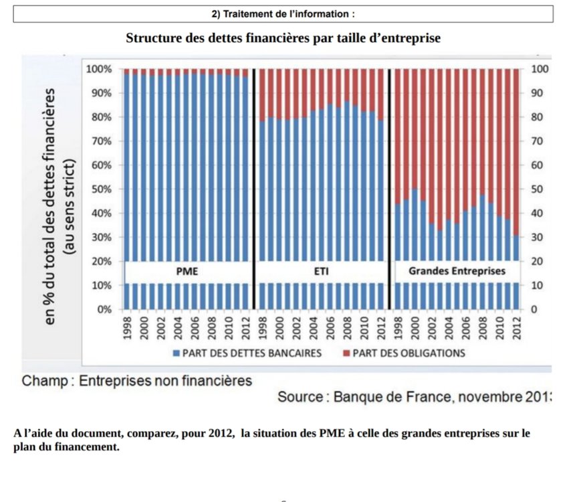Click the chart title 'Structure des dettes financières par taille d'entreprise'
tap(283, 38)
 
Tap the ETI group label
tap(322, 272)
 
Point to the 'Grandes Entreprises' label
tap(457, 272)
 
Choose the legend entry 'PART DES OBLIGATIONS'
tap(409, 353)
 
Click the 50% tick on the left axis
tap(100, 189)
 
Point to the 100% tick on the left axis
tap(98, 69)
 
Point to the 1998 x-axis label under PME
tap(127, 329)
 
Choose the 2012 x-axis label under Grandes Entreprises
tap(515, 329)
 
